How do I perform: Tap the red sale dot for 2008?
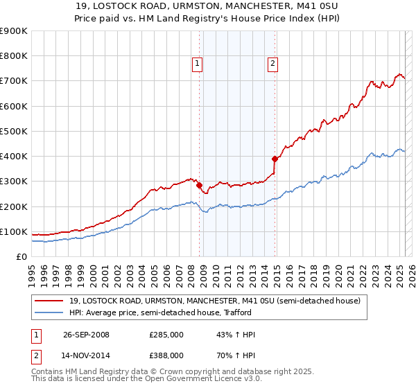199,186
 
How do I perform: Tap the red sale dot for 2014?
275,159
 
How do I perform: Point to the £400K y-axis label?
14,156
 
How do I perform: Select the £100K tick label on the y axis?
14,231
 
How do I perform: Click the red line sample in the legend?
49,301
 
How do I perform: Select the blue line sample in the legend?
49,313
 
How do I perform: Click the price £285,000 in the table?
166,335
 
